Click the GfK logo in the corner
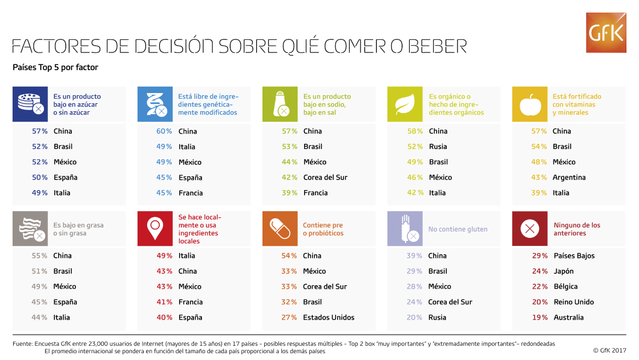pos(606,33)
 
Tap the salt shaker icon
pos(280,104)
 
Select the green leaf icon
pos(405,104)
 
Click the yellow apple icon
pos(529,104)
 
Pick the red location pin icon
pos(155,229)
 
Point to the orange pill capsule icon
pos(280,229)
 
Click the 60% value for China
pos(164,131)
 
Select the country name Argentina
pos(569,177)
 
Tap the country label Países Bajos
pos(574,256)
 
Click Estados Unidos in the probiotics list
pos(329,317)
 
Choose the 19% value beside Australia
pos(540,317)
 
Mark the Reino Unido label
pos(573,302)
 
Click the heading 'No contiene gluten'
pos(458,229)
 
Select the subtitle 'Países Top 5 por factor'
pos(55,67)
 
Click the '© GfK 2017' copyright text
pos(609,350)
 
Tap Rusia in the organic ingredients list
pos(438,147)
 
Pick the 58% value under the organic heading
pos(415,131)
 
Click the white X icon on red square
pos(529,229)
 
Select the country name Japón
pos(564,271)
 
